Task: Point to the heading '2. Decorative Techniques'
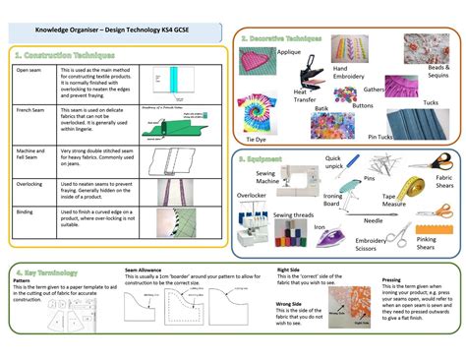pos(281,36)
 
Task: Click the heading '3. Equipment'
pos(262,156)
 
